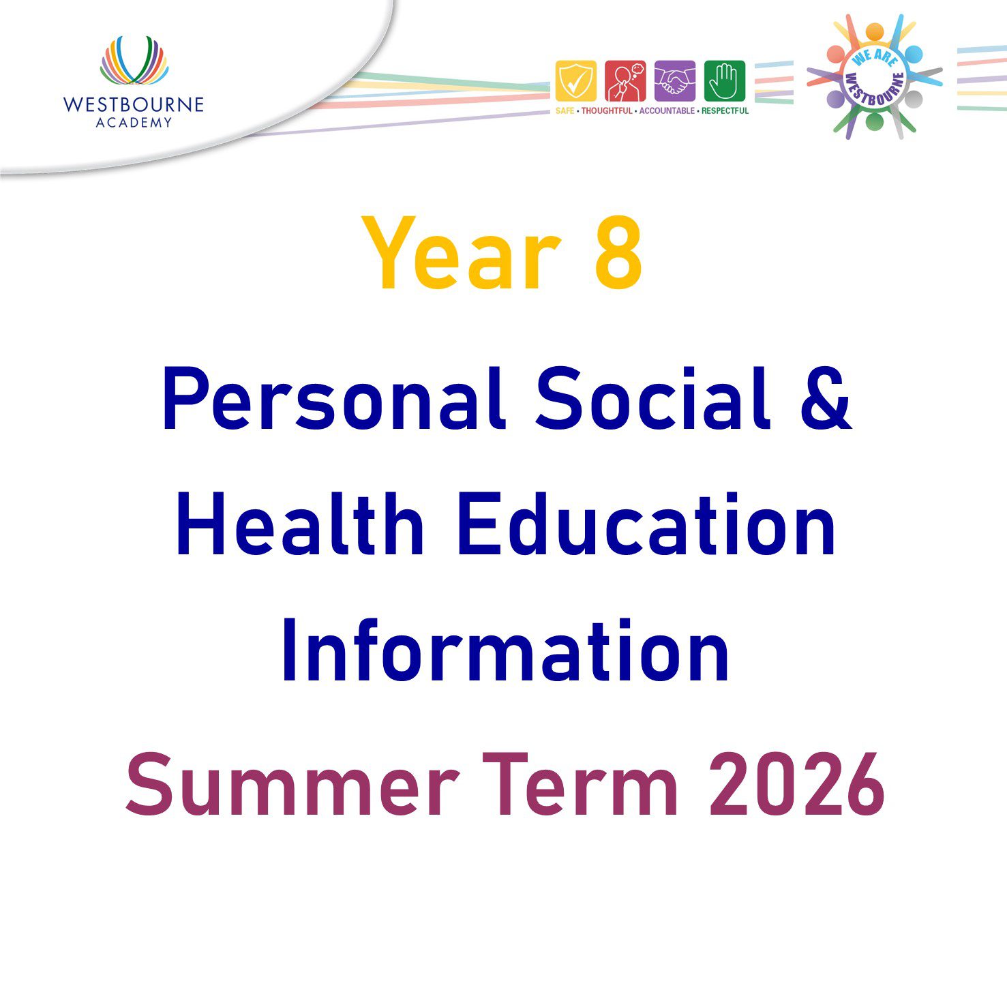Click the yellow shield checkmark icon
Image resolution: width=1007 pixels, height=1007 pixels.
click(575, 81)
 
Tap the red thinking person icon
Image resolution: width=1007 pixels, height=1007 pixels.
click(625, 81)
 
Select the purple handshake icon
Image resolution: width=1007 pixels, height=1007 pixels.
click(675, 81)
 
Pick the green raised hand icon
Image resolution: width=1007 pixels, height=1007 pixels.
click(725, 81)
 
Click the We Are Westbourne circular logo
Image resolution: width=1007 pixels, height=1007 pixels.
click(875, 77)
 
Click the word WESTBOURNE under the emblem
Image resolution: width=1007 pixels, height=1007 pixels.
click(134, 104)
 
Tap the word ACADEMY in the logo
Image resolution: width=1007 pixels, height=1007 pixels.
click(134, 123)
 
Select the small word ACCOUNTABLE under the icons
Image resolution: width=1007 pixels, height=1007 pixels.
click(667, 110)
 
